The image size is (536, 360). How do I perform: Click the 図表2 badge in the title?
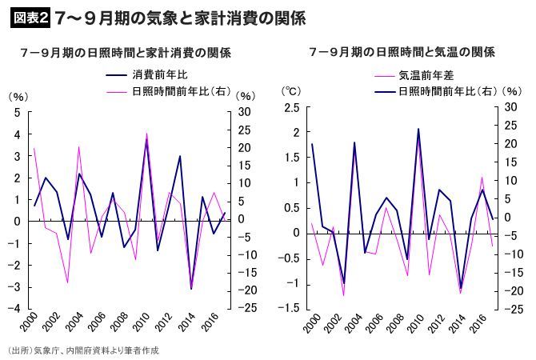point(30,17)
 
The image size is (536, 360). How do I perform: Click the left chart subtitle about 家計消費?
point(125,53)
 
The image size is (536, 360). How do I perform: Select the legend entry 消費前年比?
point(160,75)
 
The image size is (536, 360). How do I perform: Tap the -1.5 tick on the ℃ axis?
point(289,309)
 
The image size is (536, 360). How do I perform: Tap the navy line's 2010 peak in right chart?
point(418,129)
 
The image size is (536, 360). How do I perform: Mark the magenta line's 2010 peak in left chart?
point(147,133)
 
